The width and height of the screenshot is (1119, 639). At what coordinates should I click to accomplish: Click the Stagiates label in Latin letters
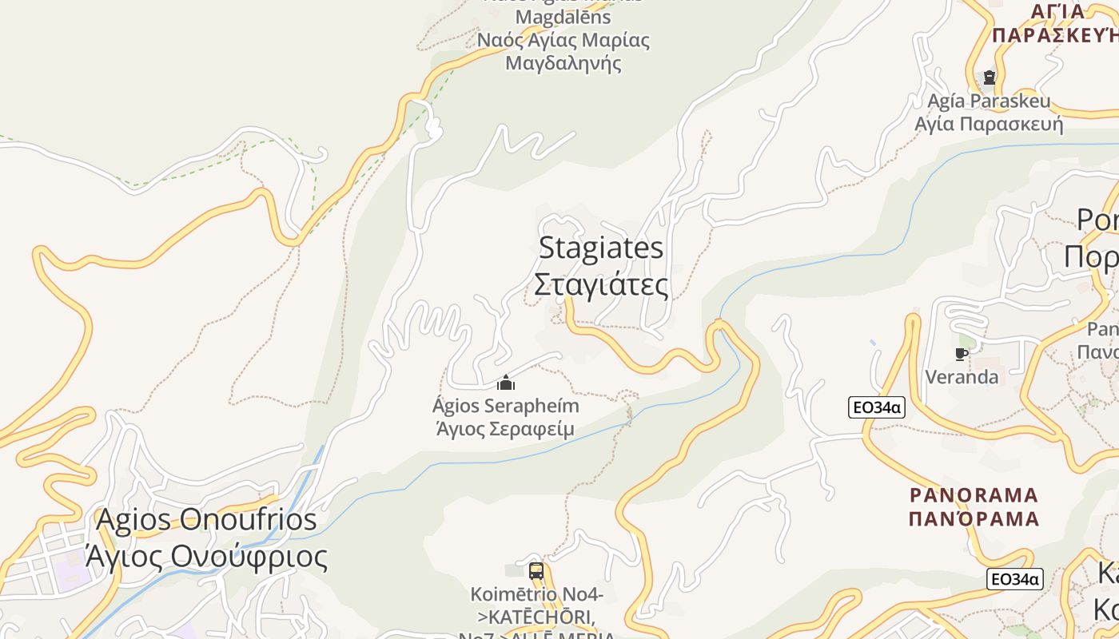click(601, 248)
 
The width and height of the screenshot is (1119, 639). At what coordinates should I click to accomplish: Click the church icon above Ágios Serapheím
click(506, 383)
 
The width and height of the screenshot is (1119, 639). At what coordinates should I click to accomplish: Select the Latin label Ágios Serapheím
click(505, 406)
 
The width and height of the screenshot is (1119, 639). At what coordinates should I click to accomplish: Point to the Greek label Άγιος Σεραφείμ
click(505, 429)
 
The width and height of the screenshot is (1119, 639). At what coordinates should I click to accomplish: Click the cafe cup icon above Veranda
click(962, 354)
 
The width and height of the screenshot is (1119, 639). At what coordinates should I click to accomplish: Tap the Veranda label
click(962, 376)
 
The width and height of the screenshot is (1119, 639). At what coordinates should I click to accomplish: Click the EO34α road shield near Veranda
click(877, 407)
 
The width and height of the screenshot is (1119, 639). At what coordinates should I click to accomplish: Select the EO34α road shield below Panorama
click(1015, 579)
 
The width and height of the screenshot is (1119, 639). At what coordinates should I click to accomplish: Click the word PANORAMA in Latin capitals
click(974, 495)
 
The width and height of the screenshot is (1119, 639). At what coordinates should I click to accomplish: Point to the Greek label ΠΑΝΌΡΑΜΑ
click(974, 518)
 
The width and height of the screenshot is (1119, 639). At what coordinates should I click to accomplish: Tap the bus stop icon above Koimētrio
click(536, 571)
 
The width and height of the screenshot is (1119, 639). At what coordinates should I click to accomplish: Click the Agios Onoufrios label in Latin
click(206, 520)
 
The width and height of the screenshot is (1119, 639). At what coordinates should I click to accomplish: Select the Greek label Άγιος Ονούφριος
click(206, 556)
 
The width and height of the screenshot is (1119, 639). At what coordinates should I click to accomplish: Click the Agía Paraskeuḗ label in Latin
click(989, 101)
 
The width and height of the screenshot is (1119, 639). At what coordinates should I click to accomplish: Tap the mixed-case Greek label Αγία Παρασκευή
click(989, 124)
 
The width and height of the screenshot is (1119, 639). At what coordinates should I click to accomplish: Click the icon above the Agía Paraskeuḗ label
click(990, 77)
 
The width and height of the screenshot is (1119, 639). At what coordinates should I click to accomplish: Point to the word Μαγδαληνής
click(563, 62)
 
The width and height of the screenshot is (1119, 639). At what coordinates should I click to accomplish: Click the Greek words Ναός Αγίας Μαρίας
click(563, 40)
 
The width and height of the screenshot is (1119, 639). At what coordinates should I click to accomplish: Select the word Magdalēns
click(563, 17)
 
